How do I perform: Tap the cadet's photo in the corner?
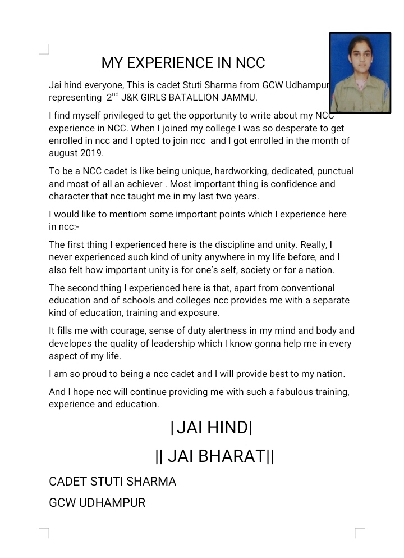tap(360, 72)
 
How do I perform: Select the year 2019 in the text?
tap(92, 153)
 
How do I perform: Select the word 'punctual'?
tap(333, 171)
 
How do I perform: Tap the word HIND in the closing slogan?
tap(227, 428)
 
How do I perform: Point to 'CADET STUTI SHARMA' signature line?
tap(112, 482)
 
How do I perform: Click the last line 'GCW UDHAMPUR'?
tap(97, 503)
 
